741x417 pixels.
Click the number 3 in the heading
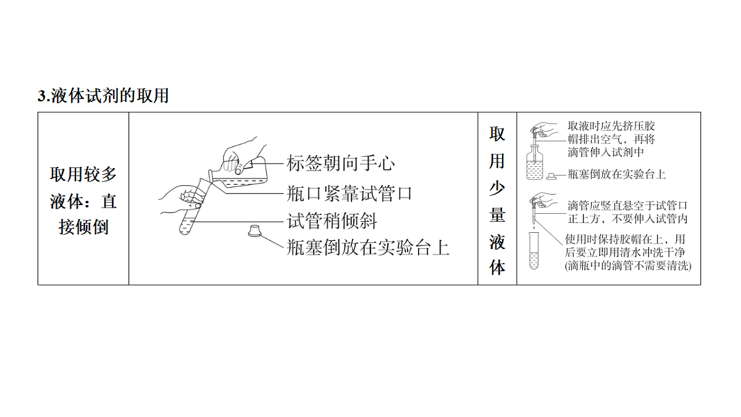tap(43, 96)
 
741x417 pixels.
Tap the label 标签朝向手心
tap(341, 163)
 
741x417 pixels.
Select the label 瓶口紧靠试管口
tap(350, 193)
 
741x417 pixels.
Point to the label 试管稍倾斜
tap(332, 221)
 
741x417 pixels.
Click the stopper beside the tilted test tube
tap(254, 230)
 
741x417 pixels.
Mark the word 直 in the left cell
tap(109, 201)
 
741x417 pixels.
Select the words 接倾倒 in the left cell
tap(83, 227)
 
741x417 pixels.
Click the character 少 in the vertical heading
tap(497, 188)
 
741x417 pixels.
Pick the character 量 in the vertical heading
tap(497, 215)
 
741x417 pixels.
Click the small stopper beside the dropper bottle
tap(551, 177)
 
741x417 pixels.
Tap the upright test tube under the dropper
tap(534, 251)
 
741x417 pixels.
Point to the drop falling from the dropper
tap(534, 228)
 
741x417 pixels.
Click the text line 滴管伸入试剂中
tap(606, 152)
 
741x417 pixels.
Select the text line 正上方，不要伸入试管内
tap(627, 219)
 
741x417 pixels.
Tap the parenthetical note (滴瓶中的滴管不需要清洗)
tap(628, 266)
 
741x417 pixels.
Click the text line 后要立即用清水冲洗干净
tap(625, 253)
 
